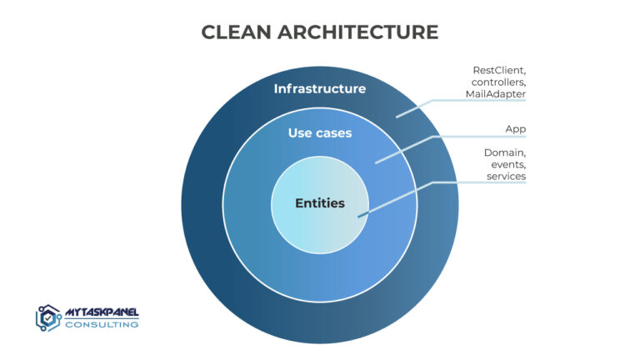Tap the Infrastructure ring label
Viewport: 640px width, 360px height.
[x=319, y=88]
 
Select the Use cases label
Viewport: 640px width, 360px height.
[x=320, y=132]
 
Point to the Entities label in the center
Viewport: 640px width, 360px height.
[x=319, y=202]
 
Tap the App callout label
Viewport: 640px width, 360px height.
[x=515, y=128]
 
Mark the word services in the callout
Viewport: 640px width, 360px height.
[x=505, y=177]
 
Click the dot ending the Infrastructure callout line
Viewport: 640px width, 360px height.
[x=397, y=117]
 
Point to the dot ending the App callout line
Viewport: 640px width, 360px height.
[x=376, y=161]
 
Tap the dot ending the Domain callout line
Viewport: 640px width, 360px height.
[x=359, y=217]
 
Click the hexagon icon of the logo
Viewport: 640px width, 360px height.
[x=48, y=317]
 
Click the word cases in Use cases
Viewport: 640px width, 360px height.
[x=333, y=132]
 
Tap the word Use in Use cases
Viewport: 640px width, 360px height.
[x=300, y=132]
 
